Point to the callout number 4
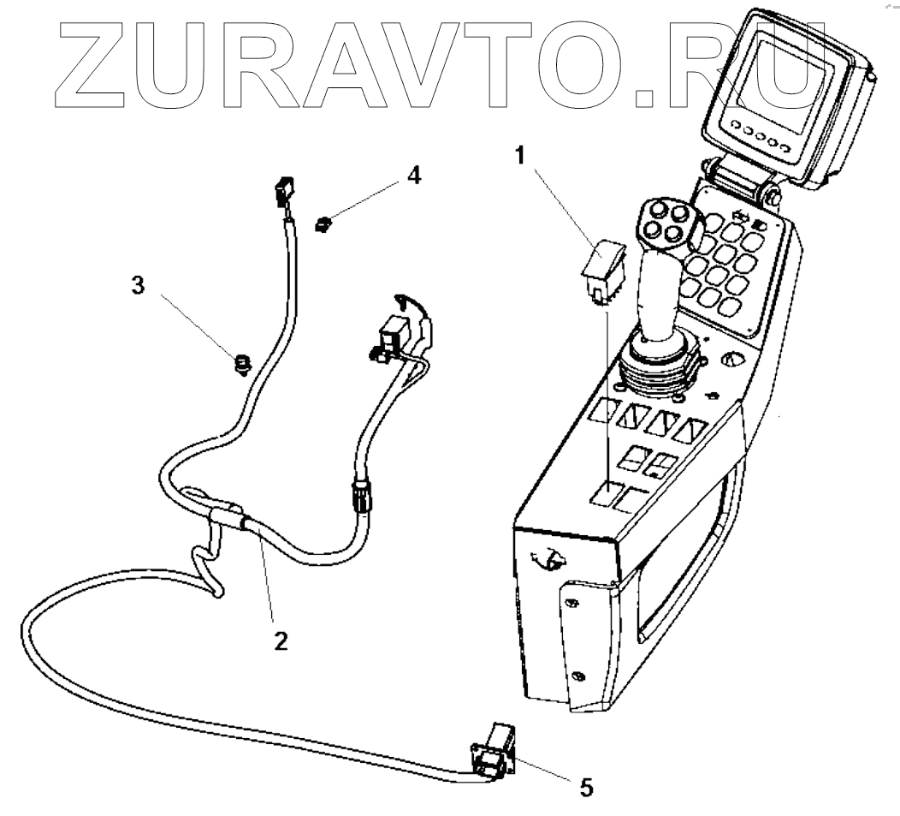413,176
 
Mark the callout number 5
585,786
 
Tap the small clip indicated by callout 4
323,225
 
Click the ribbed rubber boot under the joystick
655,364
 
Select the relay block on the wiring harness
394,334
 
